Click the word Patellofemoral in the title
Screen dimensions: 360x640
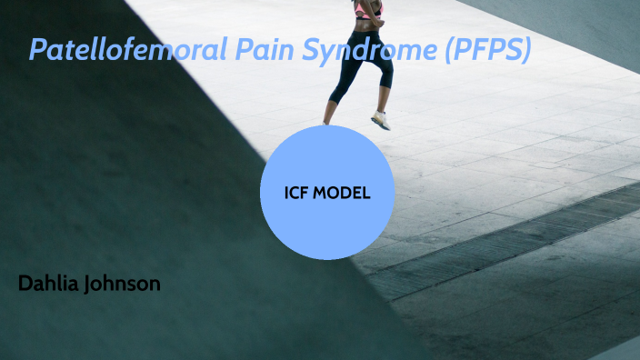click(118, 49)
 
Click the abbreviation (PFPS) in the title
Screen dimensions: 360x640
click(486, 51)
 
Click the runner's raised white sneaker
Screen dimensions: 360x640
click(380, 121)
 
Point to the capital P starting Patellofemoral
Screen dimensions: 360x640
click(38, 49)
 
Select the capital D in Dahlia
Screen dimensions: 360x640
click(25, 284)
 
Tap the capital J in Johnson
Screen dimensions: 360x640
click(86, 284)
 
